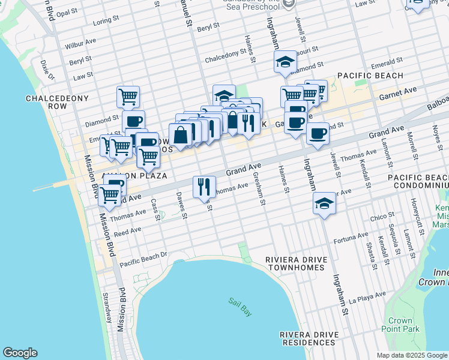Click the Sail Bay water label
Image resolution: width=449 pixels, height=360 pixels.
pos(239,304)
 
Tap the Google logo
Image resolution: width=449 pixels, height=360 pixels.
pos(20,353)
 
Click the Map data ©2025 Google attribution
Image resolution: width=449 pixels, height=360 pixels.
pos(412,355)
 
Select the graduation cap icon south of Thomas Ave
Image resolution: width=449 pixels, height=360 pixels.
pos(324,203)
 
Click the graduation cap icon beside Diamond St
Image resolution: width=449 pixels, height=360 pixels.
pos(286,62)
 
